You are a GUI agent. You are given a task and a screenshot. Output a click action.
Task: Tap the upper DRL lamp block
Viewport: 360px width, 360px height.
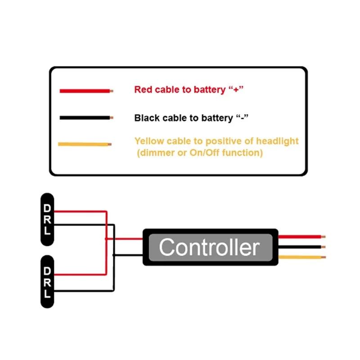[x=47, y=220]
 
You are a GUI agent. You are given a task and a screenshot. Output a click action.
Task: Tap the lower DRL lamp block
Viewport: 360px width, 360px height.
[x=47, y=282]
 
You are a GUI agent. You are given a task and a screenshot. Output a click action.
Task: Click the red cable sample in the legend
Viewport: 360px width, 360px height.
[x=85, y=91]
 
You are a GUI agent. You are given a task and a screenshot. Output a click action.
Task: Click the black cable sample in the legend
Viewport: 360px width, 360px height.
[x=85, y=118]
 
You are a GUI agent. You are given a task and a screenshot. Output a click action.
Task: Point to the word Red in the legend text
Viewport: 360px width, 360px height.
[x=144, y=90]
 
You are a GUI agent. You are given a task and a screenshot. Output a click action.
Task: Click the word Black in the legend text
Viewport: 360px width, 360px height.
[x=147, y=118]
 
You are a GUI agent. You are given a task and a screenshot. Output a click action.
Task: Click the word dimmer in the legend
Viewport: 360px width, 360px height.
[x=155, y=153]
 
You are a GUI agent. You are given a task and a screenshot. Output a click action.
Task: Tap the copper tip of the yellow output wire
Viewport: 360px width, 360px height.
[x=323, y=257]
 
